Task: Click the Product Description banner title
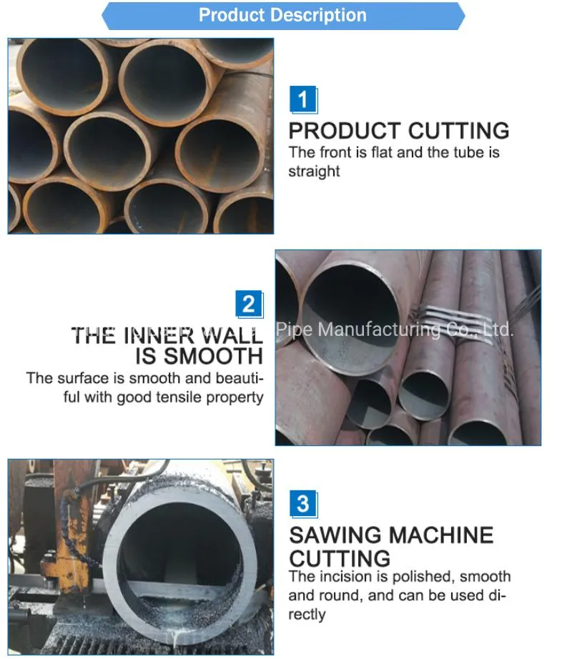282,15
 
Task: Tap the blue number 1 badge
302,99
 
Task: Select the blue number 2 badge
248,305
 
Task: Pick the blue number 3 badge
302,504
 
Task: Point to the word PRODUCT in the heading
344,131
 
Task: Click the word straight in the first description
314,172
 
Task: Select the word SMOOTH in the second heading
210,356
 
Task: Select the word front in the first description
332,152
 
